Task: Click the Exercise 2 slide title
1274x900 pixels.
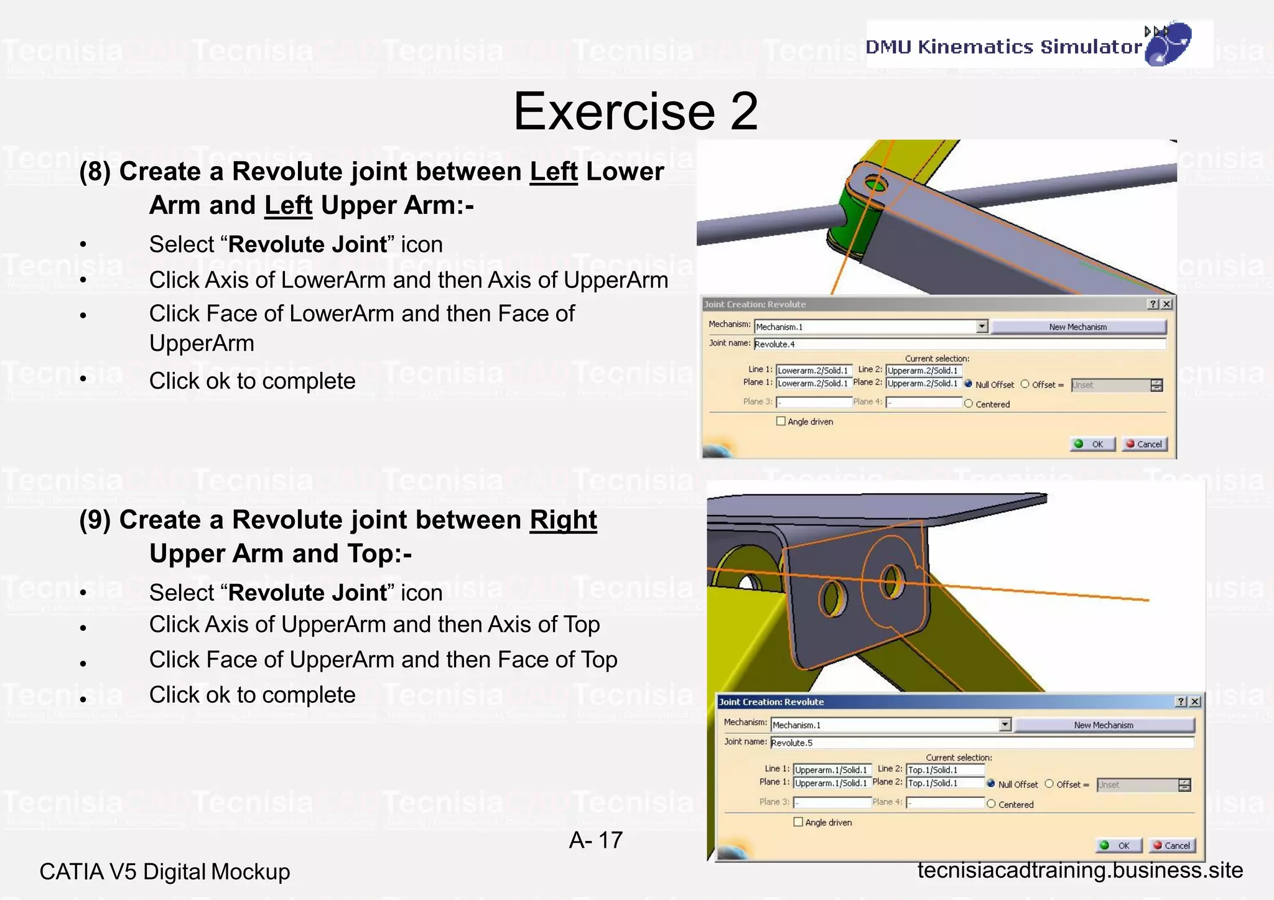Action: click(636, 111)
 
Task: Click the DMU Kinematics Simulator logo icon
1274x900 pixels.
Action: click(1168, 44)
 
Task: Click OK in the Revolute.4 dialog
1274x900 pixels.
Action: click(1092, 444)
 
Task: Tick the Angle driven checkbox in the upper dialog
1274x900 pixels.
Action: click(781, 421)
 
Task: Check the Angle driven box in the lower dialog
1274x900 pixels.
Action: click(799, 822)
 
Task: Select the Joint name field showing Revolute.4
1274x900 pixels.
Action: click(958, 344)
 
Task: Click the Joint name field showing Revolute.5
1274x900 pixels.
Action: click(981, 742)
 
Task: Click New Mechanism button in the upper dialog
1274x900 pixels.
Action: click(1078, 327)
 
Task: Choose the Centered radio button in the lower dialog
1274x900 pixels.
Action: click(992, 804)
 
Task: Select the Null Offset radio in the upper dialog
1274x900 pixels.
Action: click(969, 384)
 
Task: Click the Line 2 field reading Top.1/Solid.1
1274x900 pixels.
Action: click(945, 769)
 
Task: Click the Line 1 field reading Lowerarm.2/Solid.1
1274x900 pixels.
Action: click(814, 370)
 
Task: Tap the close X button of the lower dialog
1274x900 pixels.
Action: click(1195, 702)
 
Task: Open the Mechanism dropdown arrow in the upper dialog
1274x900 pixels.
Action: click(982, 327)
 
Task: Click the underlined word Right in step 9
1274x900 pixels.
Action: click(563, 520)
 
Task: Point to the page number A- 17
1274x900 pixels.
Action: click(595, 840)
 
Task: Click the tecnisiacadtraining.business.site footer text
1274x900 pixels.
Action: click(1080, 870)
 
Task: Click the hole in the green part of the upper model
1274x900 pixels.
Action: click(876, 184)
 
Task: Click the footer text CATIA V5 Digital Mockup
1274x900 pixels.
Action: click(165, 871)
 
